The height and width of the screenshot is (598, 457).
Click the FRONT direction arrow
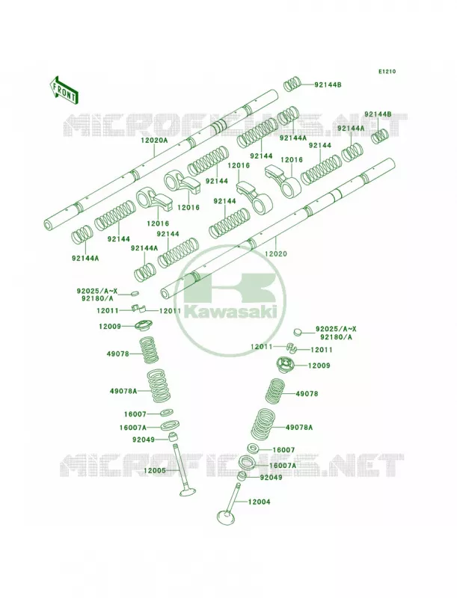coord(64,90)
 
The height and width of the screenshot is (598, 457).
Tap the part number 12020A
coord(154,141)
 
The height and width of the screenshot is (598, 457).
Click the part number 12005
coord(155,471)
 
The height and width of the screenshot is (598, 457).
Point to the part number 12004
coord(259,502)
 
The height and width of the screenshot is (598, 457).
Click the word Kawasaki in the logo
coord(230,312)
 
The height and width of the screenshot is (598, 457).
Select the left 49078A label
coord(123,391)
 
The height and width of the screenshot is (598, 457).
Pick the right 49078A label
coord(299,428)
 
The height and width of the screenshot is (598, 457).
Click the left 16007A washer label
coord(132,428)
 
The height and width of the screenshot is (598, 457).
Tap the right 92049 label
coord(271,477)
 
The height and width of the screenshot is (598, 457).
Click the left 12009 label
coord(110,327)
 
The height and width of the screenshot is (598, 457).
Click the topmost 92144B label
coord(328,85)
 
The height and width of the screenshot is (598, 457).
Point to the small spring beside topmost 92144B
coord(293,84)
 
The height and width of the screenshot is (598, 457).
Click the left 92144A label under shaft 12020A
coord(85,258)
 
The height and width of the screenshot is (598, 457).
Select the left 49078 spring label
coord(118,354)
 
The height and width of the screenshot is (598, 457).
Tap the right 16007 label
coord(283,451)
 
